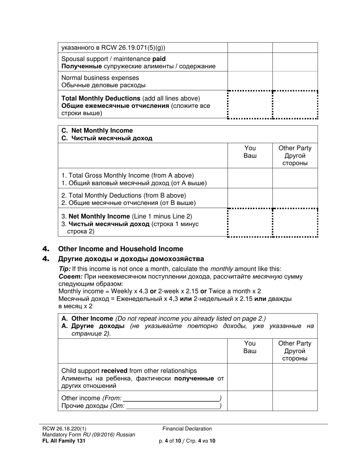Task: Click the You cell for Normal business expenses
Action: (250, 81)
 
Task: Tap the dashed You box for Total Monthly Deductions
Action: (250, 105)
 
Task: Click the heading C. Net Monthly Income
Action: (97, 131)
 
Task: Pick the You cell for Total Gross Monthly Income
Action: (250, 179)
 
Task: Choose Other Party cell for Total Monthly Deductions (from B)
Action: (295, 199)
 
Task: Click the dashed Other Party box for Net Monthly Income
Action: (295, 223)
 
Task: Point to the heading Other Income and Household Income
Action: (121, 249)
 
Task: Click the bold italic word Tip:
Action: (65, 269)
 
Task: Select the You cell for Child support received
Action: (250, 377)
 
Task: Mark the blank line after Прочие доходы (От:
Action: (173, 406)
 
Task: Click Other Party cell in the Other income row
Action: (295, 401)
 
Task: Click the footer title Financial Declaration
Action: (187, 428)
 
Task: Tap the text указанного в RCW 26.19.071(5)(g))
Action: (113, 48)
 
